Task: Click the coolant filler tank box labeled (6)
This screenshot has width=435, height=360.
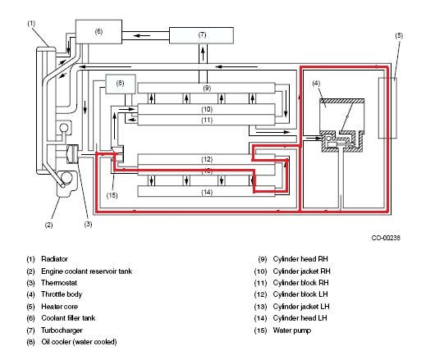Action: coord(98,32)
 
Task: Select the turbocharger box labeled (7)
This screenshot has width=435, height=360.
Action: coord(201,35)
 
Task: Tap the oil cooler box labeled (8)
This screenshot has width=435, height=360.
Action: coord(120,84)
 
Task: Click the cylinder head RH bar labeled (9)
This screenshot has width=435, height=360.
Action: coord(206,88)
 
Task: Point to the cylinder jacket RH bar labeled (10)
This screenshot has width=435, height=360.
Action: coord(206,109)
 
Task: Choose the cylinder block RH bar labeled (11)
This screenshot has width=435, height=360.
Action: coord(206,120)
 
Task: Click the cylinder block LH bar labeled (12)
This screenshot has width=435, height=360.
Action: coord(206,159)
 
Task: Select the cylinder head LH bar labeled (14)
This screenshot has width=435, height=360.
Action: coord(206,192)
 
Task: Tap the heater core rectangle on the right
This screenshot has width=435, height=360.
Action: coord(387,107)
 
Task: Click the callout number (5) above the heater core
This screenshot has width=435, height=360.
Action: coord(399,36)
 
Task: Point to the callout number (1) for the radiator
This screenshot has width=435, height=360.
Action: coord(31,24)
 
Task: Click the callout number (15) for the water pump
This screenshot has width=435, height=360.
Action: coord(112,195)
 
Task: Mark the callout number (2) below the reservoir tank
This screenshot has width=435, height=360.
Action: coord(48,225)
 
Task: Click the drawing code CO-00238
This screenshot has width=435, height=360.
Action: coord(386,238)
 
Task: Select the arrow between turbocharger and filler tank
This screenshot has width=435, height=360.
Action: coord(141,35)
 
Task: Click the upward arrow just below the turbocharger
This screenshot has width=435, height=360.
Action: coord(203,54)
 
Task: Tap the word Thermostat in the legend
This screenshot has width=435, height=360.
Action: coord(59,283)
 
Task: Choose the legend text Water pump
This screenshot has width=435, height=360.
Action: coord(292,330)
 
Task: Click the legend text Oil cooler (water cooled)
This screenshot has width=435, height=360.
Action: coord(79,342)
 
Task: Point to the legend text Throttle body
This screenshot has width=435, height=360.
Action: coord(62,294)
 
